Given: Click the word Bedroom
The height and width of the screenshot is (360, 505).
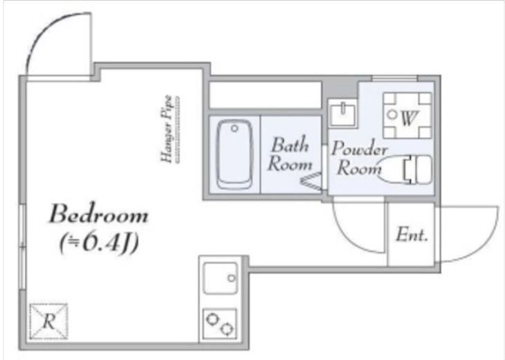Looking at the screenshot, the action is click(98, 214).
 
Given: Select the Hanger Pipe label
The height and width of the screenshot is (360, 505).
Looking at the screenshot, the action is click(167, 129).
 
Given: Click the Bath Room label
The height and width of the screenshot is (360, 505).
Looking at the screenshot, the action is click(290, 154).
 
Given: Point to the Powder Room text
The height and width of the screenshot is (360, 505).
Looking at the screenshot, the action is click(359, 158).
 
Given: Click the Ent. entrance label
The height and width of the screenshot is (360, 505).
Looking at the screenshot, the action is click(412, 234).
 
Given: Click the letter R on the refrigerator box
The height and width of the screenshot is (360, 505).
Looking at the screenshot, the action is click(49, 321).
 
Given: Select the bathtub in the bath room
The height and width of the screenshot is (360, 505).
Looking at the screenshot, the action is click(235, 154).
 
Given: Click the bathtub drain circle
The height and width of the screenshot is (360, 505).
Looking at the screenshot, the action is click(235, 128).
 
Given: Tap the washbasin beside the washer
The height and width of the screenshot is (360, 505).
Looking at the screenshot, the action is click(342, 113).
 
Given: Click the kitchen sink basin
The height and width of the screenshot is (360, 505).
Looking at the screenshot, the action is click(221, 278).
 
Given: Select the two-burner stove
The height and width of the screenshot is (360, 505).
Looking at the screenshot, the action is click(220, 323).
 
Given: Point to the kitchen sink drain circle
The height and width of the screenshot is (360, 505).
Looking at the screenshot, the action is click(231, 278).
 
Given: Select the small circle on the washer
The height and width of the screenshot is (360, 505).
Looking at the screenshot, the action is click(392, 114).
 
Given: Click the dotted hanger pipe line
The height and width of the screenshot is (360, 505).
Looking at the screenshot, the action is click(178, 129).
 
